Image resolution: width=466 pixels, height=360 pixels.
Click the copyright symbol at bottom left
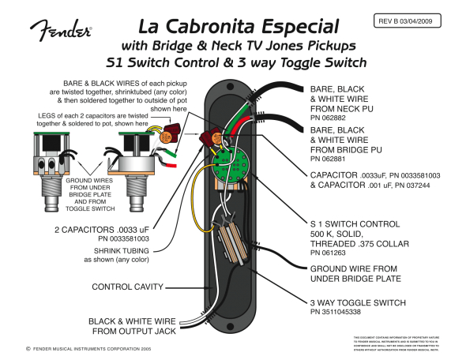(x=28, y=347)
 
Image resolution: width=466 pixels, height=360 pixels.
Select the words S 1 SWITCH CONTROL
(x=355, y=224)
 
